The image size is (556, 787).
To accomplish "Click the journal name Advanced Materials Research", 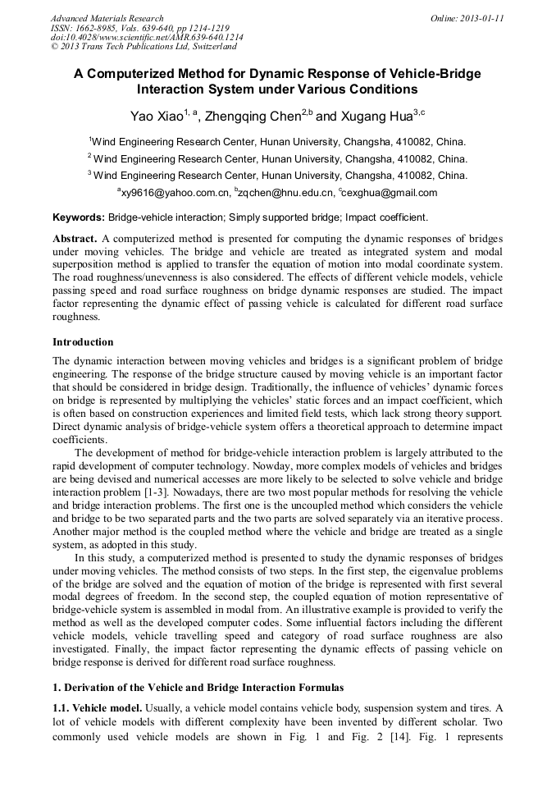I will coord(107,18).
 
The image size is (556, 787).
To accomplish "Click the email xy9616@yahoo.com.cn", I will coord(173,193).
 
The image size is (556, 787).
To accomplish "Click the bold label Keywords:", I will coord(79,217).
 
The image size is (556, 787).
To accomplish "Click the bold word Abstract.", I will coord(75,238).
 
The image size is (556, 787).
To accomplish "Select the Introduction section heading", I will coord(83,341).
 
